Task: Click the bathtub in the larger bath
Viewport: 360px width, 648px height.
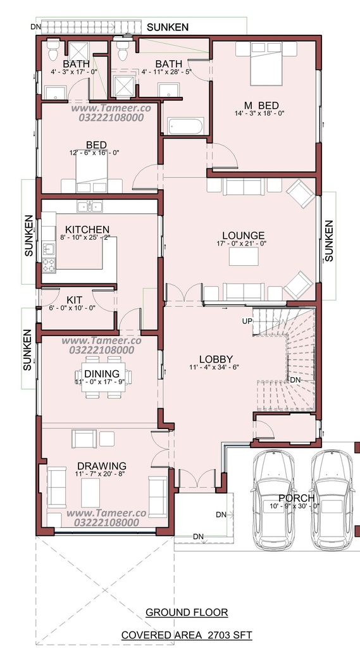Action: pyautogui.click(x=185, y=127)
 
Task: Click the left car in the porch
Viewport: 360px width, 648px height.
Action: pyautogui.click(x=274, y=499)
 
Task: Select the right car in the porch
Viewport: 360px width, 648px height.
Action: pyautogui.click(x=332, y=499)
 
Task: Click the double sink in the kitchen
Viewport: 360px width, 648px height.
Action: pyautogui.click(x=90, y=206)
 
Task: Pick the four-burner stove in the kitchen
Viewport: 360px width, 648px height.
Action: pyautogui.click(x=49, y=265)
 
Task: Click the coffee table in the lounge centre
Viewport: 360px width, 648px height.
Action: pyautogui.click(x=244, y=256)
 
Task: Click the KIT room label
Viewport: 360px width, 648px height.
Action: pyautogui.click(x=75, y=299)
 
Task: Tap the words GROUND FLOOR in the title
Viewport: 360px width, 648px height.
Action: pyautogui.click(x=187, y=612)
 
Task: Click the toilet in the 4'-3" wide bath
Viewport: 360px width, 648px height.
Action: pyautogui.click(x=53, y=49)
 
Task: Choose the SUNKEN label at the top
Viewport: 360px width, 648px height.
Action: pyautogui.click(x=168, y=27)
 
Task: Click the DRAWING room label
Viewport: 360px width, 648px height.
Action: pyautogui.click(x=102, y=466)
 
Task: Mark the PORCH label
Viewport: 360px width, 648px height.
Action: pyautogui.click(x=296, y=499)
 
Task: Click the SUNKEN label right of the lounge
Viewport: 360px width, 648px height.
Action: pyautogui.click(x=329, y=240)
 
